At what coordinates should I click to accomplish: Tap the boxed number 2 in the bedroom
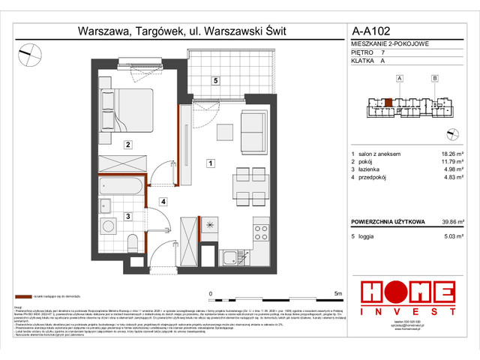pos(128,145)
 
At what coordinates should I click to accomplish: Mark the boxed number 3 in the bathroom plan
pos(128,217)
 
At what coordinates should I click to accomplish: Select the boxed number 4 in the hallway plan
pos(162,201)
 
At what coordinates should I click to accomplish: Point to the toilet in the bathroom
pos(133,242)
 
